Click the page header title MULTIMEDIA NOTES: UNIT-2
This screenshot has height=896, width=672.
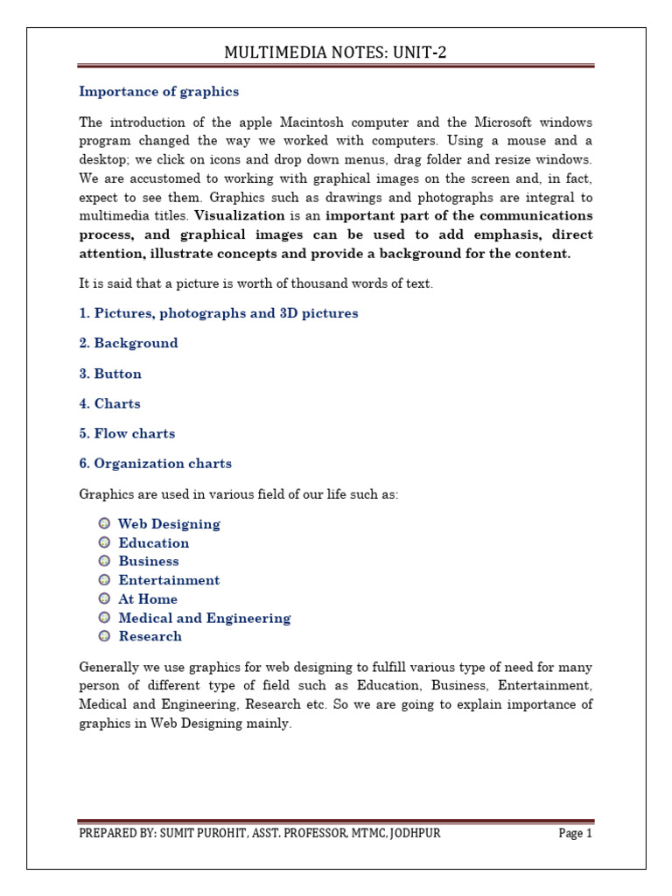click(x=336, y=53)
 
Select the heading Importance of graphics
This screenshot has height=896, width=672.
click(x=158, y=92)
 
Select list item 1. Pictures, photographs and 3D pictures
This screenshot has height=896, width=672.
click(x=218, y=313)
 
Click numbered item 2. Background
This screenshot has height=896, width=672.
click(x=129, y=343)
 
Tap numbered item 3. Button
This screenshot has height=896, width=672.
click(x=110, y=374)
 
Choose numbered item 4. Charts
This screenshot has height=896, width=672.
click(x=109, y=403)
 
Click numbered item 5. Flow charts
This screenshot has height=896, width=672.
click(x=127, y=434)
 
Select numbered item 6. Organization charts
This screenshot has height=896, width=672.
click(x=156, y=464)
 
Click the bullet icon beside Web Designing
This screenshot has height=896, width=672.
click(x=104, y=523)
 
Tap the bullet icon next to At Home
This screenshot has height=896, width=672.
click(x=104, y=598)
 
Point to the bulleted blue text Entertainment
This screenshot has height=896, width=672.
click(x=169, y=580)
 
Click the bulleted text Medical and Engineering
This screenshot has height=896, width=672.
click(x=204, y=618)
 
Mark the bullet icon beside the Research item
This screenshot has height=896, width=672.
click(x=104, y=636)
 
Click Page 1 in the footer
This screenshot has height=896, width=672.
click(x=576, y=834)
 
